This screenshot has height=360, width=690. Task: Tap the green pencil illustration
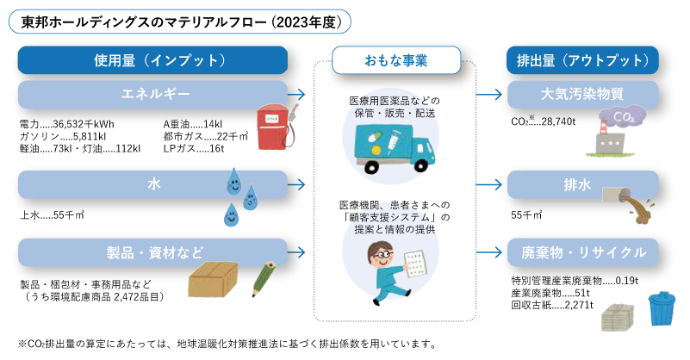pos(263,279)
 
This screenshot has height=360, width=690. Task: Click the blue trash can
pos(662,309)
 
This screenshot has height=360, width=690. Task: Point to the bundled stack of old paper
pos(618,317)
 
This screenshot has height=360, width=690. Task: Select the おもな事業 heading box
pos(396,60)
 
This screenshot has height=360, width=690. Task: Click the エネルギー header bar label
pos(155,94)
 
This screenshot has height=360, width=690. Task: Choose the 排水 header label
pos(577,185)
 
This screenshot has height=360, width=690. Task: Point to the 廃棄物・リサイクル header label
pos(583,252)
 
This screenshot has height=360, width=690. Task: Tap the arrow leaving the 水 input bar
pos(296,184)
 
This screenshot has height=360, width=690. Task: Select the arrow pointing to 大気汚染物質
pos(489,94)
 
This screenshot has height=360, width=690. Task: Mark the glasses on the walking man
pos(382,254)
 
